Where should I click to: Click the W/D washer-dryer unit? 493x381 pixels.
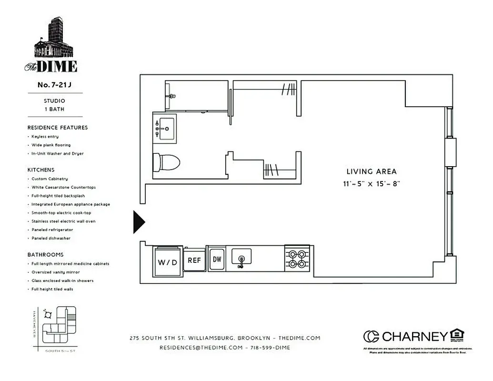[167, 261]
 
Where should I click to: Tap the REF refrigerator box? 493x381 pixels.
[194, 260]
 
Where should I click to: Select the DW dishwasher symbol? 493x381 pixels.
[217, 260]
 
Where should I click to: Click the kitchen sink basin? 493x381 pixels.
[241, 257]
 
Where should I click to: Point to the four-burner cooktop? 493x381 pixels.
[298, 259]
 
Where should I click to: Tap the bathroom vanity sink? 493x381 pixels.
[165, 128]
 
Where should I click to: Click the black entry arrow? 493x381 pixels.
[139, 222]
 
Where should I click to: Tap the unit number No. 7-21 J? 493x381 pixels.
[54, 86]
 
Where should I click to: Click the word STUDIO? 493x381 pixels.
[54, 101]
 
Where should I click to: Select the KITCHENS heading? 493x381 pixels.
[41, 170]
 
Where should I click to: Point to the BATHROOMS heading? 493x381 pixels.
[45, 255]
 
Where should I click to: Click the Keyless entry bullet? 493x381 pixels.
[45, 137]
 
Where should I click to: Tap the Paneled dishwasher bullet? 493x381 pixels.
[50, 238]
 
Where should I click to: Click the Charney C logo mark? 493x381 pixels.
[371, 336]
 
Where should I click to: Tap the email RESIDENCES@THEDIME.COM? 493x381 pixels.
[201, 348]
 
